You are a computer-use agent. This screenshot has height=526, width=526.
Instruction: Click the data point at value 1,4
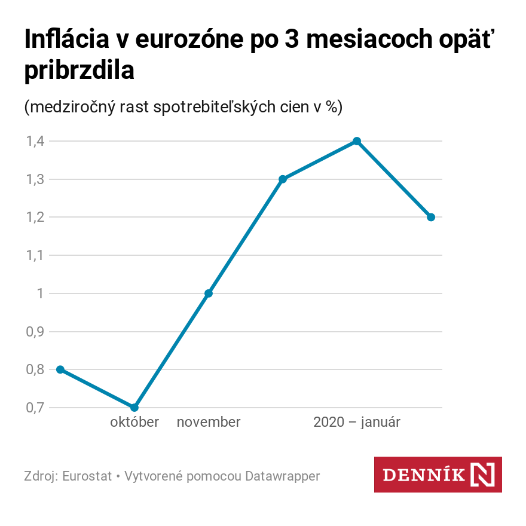(357, 141)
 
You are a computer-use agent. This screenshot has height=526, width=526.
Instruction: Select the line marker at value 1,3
(283, 179)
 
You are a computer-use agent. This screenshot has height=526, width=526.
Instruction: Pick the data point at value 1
(209, 293)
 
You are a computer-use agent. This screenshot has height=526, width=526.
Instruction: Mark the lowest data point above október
(134, 408)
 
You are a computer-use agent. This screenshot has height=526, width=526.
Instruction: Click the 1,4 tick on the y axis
(34, 141)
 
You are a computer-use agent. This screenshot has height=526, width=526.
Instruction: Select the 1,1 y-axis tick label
(34, 255)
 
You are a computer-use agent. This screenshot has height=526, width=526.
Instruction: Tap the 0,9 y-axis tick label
(34, 332)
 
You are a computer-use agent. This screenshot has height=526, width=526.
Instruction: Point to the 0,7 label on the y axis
(34, 408)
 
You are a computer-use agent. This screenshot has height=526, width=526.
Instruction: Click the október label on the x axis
(134, 422)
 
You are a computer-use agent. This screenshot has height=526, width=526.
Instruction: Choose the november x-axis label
(209, 422)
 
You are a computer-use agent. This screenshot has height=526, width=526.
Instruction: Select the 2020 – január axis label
(357, 422)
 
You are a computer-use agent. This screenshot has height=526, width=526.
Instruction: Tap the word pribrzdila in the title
(79, 71)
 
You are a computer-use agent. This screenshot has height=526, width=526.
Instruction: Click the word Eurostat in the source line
(87, 476)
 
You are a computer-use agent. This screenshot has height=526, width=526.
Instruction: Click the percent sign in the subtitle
(330, 108)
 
